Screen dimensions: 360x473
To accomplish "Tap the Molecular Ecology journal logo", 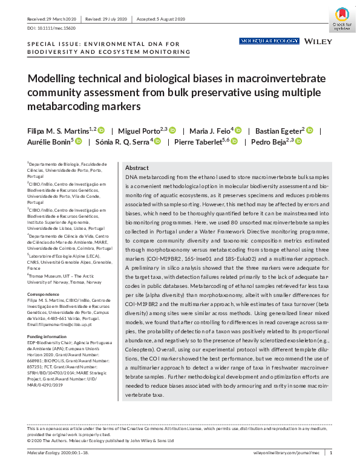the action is pyautogui.click(x=269, y=41).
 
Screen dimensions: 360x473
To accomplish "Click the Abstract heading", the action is pyautogui.click(x=137, y=168).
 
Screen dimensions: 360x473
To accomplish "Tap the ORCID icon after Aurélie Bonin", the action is pyautogui.click(x=79, y=143).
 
